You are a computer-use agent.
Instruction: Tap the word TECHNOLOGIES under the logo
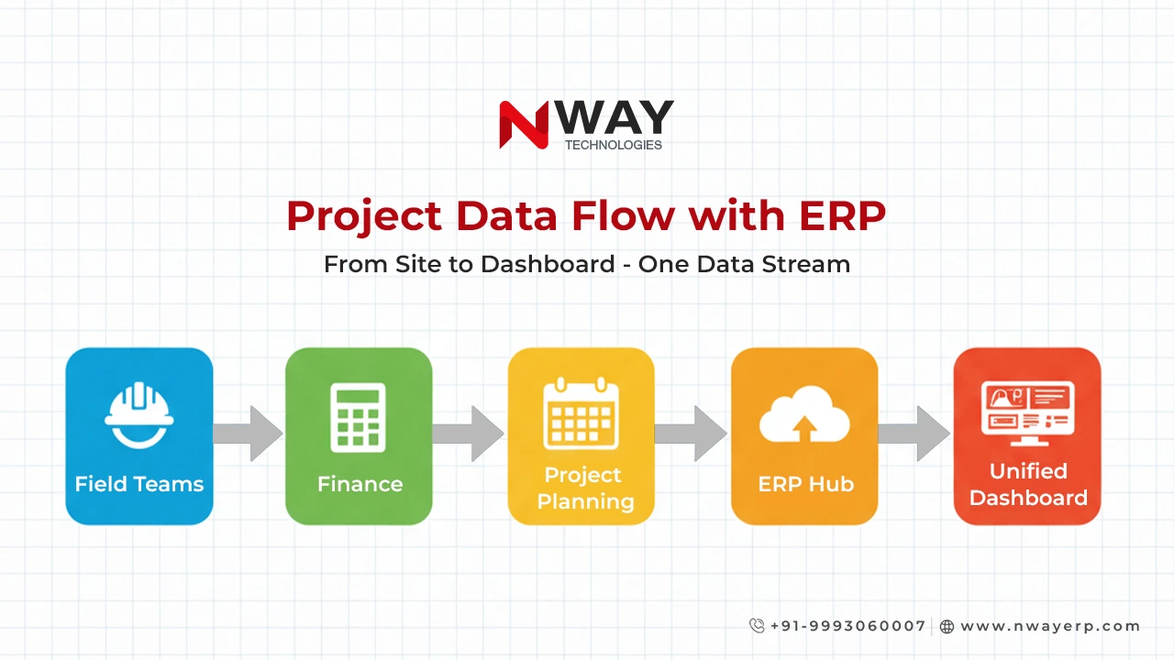pos(613,145)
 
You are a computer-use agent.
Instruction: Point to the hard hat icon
pos(139,414)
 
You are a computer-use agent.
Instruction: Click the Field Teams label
pos(139,484)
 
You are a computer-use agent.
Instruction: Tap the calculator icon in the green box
pos(359,417)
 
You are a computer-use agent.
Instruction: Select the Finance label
pos(360,484)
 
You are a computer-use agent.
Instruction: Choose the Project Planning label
pos(583,488)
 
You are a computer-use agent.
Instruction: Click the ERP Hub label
pos(805,484)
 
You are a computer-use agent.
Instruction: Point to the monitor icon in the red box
pos(1027,409)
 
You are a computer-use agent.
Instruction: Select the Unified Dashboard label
pos(1027,484)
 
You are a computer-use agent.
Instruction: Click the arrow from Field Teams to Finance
pos(249,434)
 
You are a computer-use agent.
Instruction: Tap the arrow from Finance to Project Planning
pos(469,434)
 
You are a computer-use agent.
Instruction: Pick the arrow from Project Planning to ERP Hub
pos(692,434)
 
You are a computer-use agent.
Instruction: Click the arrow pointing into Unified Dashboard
pos(914,434)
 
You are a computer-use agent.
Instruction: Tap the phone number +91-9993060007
pos(847,626)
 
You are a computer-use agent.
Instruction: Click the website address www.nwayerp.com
pos(1050,626)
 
